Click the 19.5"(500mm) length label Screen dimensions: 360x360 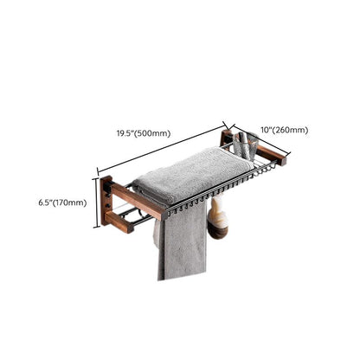pyautogui.click(x=144, y=133)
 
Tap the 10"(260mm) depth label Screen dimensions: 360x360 pyautogui.click(x=285, y=130)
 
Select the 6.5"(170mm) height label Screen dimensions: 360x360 pyautogui.click(x=62, y=202)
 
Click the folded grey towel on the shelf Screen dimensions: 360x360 pyautogui.click(x=192, y=174)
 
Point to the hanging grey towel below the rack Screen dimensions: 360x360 pyautogui.click(x=182, y=242)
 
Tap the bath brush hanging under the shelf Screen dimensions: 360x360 pyautogui.click(x=218, y=216)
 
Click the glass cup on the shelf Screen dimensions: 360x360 pyautogui.click(x=246, y=145)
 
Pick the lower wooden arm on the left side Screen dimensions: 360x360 pyautogui.click(x=119, y=222)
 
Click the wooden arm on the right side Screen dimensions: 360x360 pyautogui.click(x=272, y=154)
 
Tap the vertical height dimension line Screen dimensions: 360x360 pyautogui.click(x=96, y=202)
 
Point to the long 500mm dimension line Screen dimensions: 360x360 pyautogui.click(x=162, y=148)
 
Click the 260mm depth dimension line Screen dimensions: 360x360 pyautogui.click(x=261, y=138)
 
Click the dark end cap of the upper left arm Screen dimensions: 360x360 pyautogui.click(x=164, y=215)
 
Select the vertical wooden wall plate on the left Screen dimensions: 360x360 pyautogui.click(x=106, y=201)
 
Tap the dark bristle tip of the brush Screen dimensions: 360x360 pyautogui.click(x=218, y=233)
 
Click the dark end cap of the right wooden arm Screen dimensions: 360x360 pyautogui.click(x=284, y=160)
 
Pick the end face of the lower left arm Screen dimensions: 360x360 pyautogui.click(x=129, y=228)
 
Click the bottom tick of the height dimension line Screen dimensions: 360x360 pyautogui.click(x=96, y=228)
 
